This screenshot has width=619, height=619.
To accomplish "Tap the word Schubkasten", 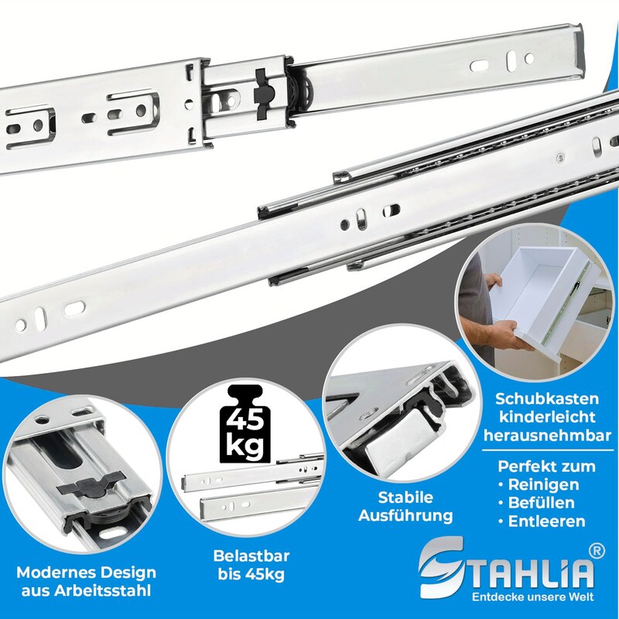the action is [x=547, y=398].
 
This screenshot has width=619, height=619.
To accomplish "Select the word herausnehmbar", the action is [x=548, y=436].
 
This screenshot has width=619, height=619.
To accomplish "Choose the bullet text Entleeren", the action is [x=546, y=521].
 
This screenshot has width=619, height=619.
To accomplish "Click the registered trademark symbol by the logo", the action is [x=596, y=551].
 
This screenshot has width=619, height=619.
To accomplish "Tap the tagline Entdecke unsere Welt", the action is [x=533, y=597].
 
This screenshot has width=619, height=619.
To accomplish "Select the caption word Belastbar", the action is [x=251, y=556].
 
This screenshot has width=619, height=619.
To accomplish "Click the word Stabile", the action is [x=405, y=498].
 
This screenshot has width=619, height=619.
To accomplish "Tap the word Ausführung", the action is [x=405, y=516].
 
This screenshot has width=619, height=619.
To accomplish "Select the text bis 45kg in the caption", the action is [x=251, y=575].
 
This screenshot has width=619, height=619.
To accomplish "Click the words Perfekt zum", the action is [x=546, y=467].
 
